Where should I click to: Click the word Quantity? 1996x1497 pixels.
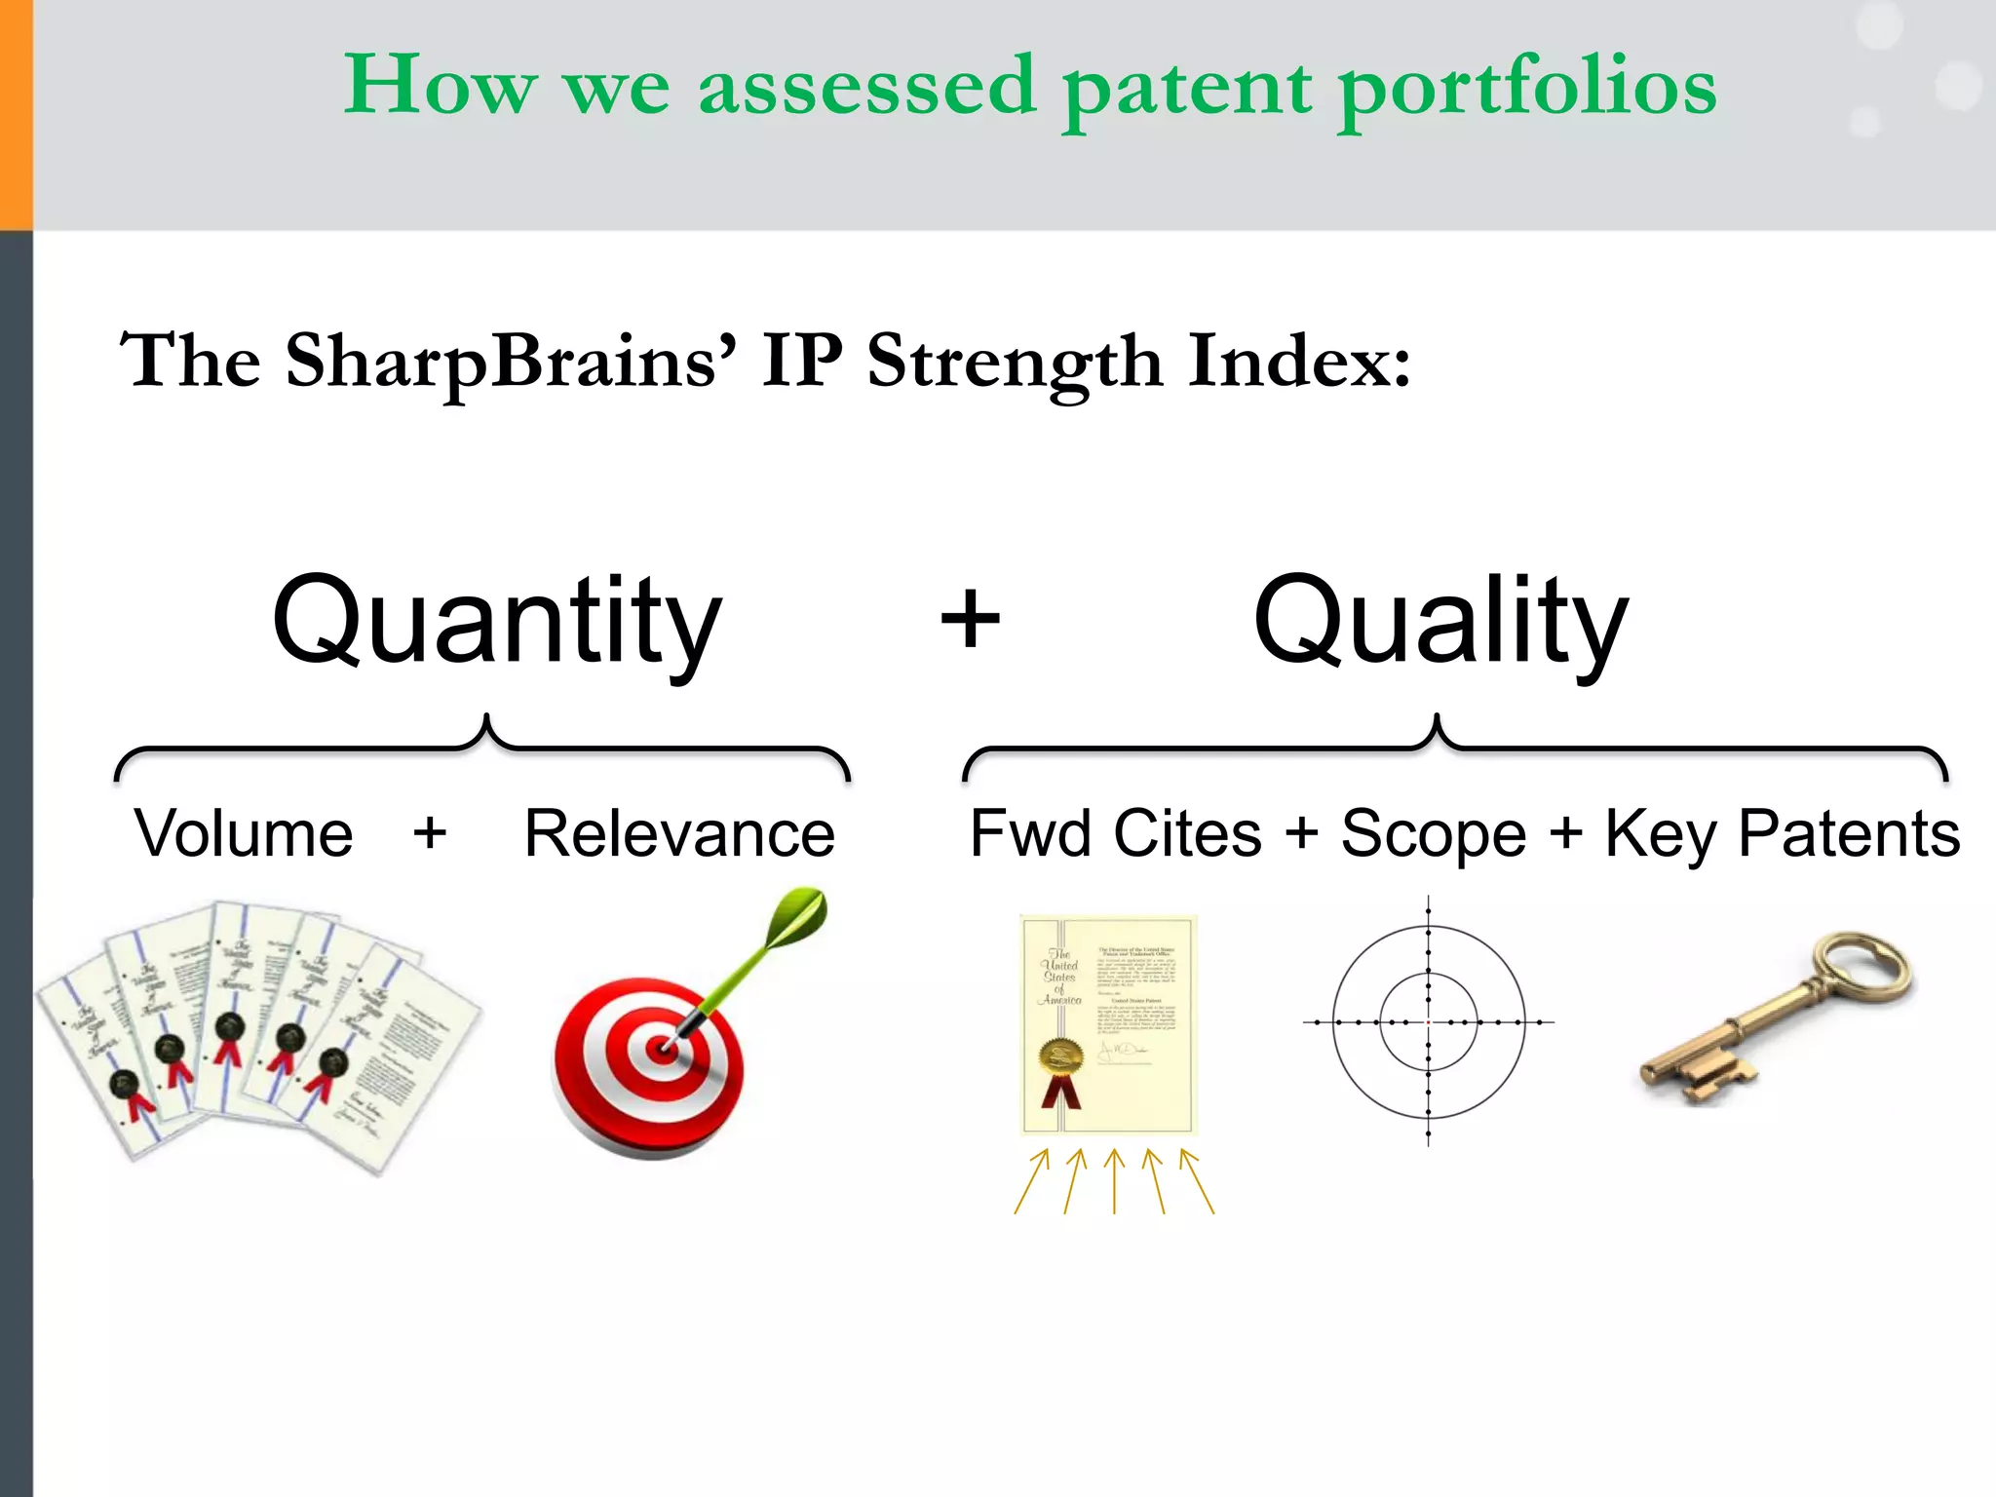click(497, 621)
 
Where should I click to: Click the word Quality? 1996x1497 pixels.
click(1439, 621)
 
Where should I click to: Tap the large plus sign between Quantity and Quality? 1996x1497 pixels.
click(970, 618)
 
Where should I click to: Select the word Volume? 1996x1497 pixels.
click(244, 834)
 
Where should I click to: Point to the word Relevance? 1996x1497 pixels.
click(679, 834)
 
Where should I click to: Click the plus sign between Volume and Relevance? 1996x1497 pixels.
click(430, 834)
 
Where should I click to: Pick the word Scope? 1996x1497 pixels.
click(1433, 834)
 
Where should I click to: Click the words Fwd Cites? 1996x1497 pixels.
click(1115, 834)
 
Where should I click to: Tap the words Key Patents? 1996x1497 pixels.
click(1782, 834)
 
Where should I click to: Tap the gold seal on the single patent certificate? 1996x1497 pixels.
click(1061, 1056)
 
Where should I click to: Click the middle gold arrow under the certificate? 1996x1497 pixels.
click(1114, 1181)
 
